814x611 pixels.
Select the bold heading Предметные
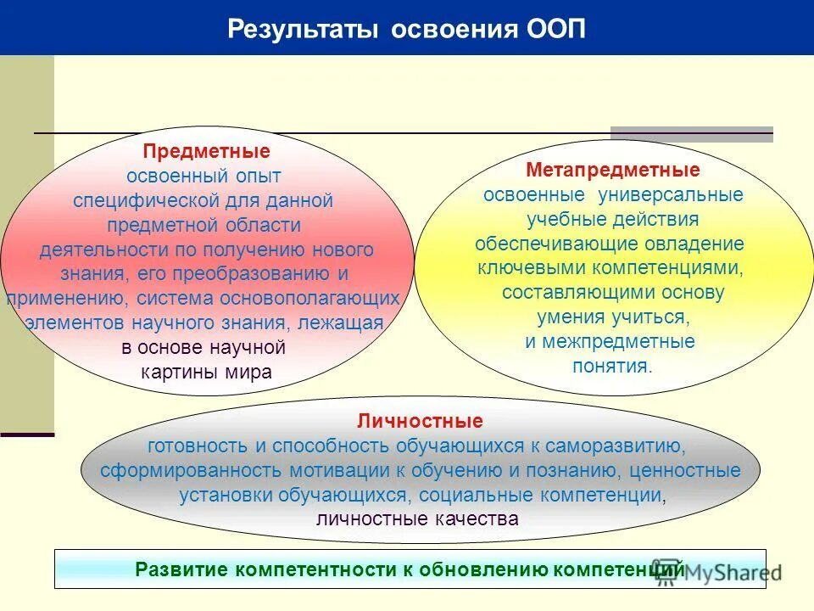[207, 151]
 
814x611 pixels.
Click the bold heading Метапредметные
[613, 170]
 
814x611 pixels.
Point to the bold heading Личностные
[421, 421]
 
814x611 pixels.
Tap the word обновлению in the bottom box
[482, 569]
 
